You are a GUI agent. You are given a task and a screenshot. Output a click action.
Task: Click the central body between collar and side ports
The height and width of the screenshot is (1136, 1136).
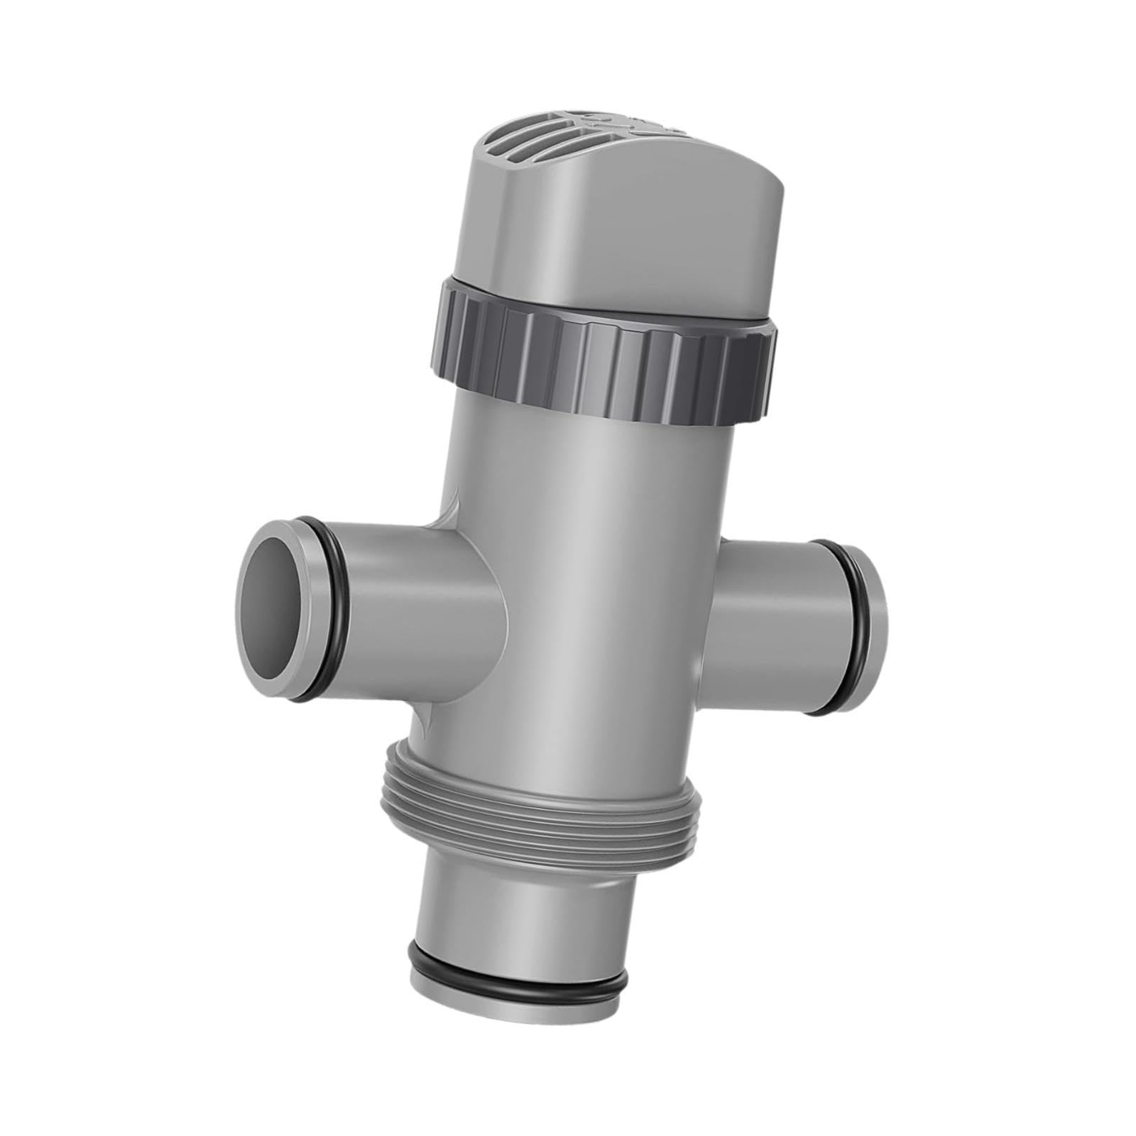tap(589, 497)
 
